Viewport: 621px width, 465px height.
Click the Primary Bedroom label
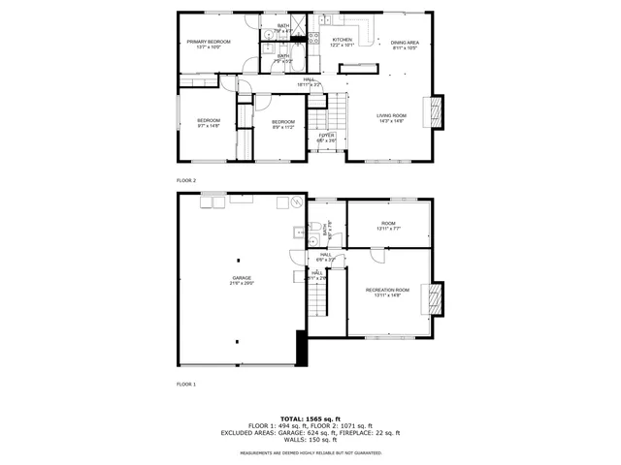click(209, 45)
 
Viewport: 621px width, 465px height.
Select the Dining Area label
click(405, 46)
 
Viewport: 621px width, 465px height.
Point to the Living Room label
click(391, 118)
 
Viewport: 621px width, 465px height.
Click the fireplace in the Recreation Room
click(436, 297)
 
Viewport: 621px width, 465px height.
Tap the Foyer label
click(326, 139)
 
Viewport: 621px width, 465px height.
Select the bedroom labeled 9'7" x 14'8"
click(209, 123)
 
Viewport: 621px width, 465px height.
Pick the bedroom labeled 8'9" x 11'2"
click(282, 124)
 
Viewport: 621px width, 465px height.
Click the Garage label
click(241, 280)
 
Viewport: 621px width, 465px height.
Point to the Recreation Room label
click(387, 293)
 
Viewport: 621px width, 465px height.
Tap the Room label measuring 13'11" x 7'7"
click(388, 226)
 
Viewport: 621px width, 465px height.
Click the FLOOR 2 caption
click(186, 181)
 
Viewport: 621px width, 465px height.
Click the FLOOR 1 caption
click(186, 385)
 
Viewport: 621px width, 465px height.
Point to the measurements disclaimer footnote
click(310, 452)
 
